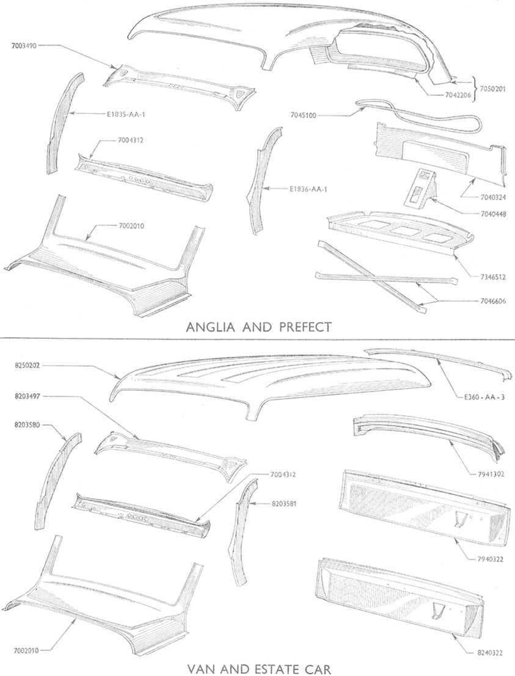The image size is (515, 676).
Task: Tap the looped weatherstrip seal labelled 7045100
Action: [x=419, y=115]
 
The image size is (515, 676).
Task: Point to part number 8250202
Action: [x=27, y=366]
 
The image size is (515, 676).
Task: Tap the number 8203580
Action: [x=27, y=424]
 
